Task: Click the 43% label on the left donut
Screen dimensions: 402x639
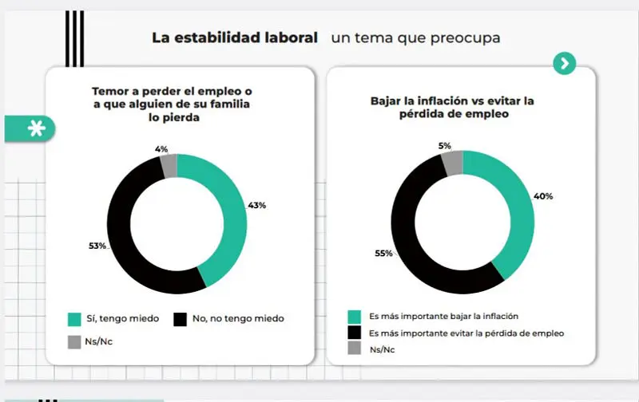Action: click(256, 205)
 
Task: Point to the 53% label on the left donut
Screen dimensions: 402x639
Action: click(97, 246)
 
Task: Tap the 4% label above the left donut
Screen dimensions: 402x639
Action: click(162, 148)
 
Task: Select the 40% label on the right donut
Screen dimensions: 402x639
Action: click(544, 196)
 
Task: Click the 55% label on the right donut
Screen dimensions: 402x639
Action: click(383, 254)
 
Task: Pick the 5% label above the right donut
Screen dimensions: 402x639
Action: click(445, 146)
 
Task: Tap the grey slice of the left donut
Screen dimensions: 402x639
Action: click(169, 164)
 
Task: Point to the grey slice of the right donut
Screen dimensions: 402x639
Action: click(452, 162)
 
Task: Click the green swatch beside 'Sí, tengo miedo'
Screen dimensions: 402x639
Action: click(74, 318)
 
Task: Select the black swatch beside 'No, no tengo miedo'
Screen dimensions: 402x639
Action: click(179, 318)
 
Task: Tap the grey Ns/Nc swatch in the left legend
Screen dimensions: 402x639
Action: click(74, 342)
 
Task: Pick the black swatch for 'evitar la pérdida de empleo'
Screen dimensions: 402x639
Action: click(354, 333)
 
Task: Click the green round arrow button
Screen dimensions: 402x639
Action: click(565, 64)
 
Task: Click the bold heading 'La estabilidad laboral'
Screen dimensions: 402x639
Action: click(235, 37)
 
